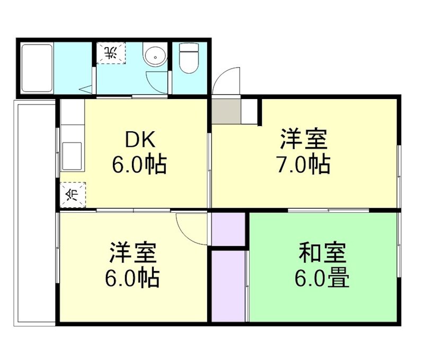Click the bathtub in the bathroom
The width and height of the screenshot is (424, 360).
pos(37,68)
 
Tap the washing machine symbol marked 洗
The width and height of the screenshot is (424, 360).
pos(111,53)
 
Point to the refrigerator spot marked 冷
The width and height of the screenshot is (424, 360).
pos(71,194)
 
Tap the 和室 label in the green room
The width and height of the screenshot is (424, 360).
pos(322,254)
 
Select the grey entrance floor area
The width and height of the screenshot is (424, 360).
pos(226,111)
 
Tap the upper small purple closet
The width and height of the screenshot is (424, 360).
pos(228,229)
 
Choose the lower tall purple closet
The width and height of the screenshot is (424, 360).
pos(228,285)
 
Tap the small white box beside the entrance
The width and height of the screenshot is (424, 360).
pos(251,111)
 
